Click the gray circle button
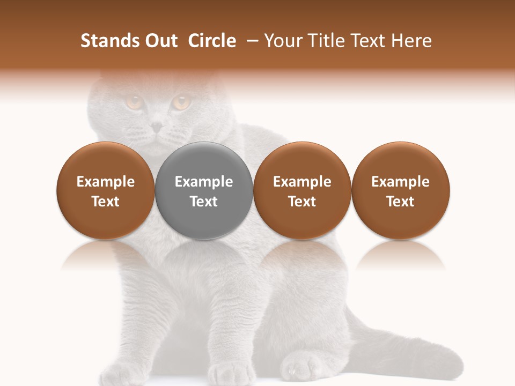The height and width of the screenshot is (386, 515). [204, 190]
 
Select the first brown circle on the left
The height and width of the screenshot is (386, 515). [106, 190]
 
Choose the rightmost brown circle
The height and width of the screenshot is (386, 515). [401, 190]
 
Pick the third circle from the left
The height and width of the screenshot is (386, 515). [302, 190]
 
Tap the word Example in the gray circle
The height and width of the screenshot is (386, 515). [204, 182]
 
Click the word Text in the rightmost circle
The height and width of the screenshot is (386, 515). [401, 202]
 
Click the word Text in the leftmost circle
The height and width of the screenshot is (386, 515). [106, 202]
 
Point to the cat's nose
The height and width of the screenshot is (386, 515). [156, 127]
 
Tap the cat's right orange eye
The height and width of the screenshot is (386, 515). [181, 102]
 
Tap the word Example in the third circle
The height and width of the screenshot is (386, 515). [302, 182]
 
